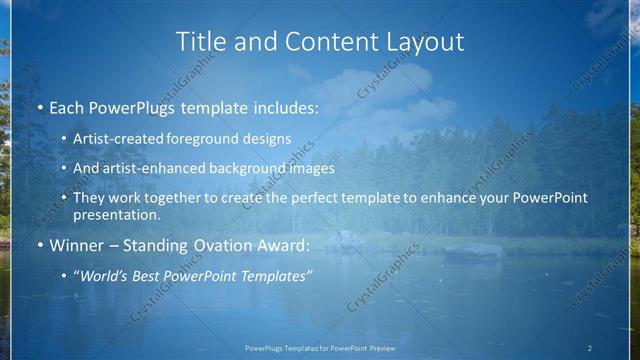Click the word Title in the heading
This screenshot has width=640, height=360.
[200, 42]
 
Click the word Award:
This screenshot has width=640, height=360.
[287, 245]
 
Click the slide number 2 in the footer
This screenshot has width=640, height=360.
[589, 348]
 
